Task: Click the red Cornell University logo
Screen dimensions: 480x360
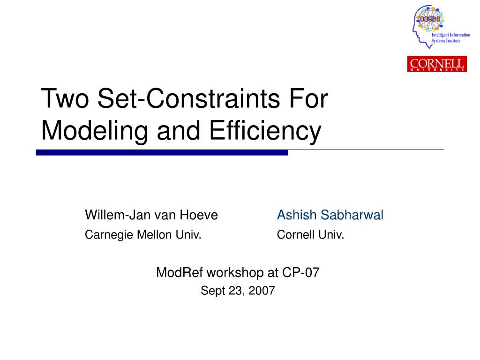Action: click(x=437, y=64)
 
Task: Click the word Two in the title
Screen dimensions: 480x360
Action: click(x=65, y=98)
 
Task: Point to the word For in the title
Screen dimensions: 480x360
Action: click(x=308, y=98)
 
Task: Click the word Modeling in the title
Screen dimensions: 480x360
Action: click(x=94, y=131)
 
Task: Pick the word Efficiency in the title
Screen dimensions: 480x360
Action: click(x=265, y=131)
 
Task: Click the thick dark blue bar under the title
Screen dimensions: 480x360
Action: click(x=162, y=152)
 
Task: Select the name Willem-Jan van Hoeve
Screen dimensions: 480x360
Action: click(x=151, y=215)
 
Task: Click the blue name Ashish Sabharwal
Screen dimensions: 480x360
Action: click(x=330, y=215)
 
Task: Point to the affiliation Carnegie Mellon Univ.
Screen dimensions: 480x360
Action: click(x=143, y=235)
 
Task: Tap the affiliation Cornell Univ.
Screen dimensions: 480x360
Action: click(x=310, y=235)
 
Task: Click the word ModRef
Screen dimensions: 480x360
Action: click(x=180, y=272)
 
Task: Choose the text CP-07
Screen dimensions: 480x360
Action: click(x=300, y=272)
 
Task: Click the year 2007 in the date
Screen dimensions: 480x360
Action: click(x=262, y=291)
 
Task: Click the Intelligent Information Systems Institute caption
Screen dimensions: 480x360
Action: click(x=450, y=37)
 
